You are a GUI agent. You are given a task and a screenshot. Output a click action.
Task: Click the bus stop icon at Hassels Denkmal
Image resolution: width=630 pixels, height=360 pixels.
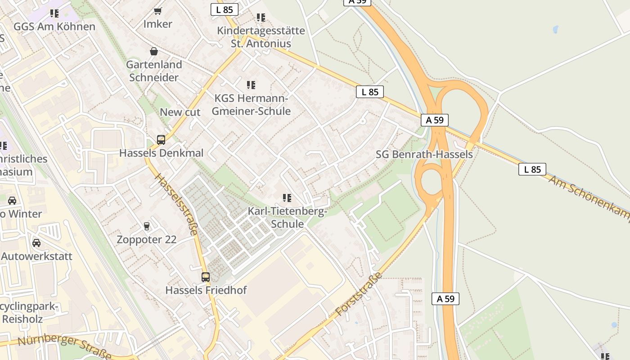pyautogui.click(x=161, y=140)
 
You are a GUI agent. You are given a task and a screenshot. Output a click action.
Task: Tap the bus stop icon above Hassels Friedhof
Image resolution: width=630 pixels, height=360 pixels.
pyautogui.click(x=206, y=277)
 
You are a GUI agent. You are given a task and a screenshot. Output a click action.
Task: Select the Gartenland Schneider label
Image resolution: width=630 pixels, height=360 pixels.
pyautogui.click(x=154, y=71)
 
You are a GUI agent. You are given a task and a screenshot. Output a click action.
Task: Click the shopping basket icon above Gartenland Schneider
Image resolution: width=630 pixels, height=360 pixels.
pyautogui.click(x=154, y=51)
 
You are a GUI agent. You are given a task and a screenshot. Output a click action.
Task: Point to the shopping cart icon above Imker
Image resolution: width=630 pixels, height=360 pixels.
pyautogui.click(x=157, y=11)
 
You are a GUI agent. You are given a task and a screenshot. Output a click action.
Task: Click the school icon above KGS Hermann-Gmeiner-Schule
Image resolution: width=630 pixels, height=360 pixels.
pyautogui.click(x=251, y=85)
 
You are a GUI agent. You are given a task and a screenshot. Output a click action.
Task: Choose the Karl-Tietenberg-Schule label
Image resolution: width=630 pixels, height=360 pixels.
pyautogui.click(x=288, y=218)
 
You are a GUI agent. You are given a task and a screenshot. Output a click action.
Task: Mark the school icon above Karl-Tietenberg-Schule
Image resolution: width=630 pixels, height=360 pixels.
pyautogui.click(x=287, y=198)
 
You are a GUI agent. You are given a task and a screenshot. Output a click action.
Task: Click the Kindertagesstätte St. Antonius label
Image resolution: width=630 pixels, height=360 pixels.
pyautogui.click(x=261, y=37)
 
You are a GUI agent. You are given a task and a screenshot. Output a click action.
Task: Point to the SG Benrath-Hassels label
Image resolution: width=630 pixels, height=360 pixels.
pyautogui.click(x=424, y=154)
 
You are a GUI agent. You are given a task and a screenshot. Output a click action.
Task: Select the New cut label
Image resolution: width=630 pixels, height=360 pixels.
pyautogui.click(x=180, y=112)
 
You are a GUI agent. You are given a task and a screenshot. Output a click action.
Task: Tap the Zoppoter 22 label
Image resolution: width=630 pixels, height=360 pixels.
pyautogui.click(x=147, y=239)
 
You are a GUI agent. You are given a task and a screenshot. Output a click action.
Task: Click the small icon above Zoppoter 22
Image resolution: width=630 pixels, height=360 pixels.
pyautogui.click(x=146, y=226)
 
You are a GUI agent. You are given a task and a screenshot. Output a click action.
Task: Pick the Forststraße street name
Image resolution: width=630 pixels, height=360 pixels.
pyautogui.click(x=358, y=294)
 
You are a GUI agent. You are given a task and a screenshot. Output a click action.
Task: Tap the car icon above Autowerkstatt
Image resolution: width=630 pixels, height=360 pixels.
pyautogui.click(x=36, y=243)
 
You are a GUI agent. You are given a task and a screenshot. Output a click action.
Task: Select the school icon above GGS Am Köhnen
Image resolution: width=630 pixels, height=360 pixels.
pyautogui.click(x=54, y=13)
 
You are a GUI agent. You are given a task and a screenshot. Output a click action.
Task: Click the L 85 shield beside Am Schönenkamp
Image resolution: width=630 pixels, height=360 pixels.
pyautogui.click(x=532, y=169)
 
